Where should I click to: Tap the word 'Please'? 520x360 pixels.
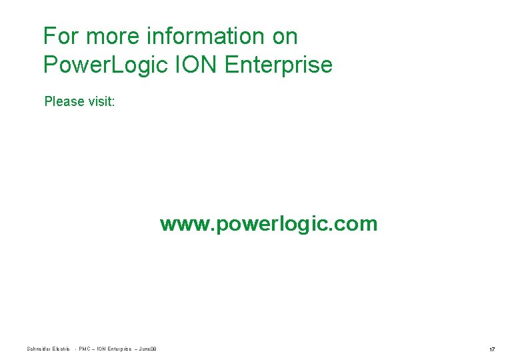(x=64, y=102)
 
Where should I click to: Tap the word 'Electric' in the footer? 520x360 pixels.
(x=61, y=349)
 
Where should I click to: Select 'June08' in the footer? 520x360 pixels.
(x=147, y=349)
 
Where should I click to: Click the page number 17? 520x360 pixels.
(x=492, y=349)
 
